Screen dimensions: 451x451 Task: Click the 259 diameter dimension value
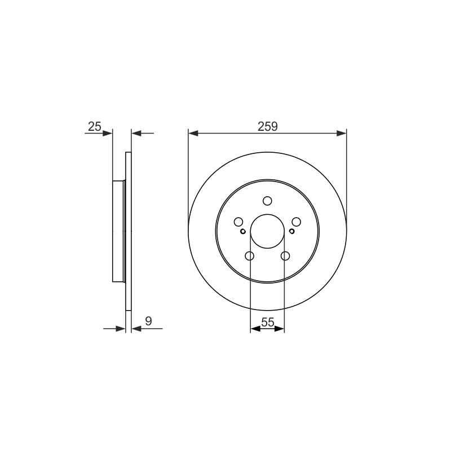[267, 126]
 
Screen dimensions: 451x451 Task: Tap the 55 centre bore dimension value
[267, 322]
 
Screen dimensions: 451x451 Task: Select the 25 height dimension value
[95, 126]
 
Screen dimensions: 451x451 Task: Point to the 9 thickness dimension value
[148, 321]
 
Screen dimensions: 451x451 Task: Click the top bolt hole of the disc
[267, 201]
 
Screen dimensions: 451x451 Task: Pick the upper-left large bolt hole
[238, 222]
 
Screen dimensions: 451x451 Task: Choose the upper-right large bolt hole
[297, 222]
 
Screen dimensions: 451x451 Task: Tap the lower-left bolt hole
[250, 256]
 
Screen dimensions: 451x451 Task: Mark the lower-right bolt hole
[285, 256]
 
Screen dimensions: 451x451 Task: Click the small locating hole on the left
[243, 231]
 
